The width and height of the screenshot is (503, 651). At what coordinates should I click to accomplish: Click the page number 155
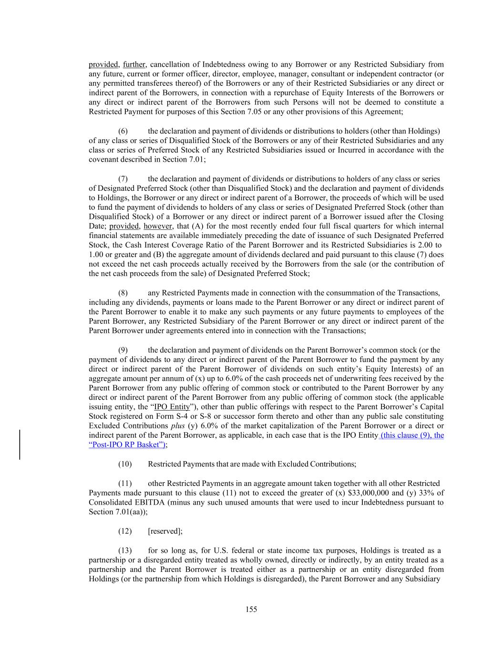251,609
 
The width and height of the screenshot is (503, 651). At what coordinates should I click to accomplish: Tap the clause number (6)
123,131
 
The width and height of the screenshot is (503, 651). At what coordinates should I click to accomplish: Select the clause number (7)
123,179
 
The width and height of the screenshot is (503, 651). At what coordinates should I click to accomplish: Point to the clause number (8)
123,293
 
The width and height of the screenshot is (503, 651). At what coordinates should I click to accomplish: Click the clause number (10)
124,464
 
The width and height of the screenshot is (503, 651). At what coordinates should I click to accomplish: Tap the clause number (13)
124,550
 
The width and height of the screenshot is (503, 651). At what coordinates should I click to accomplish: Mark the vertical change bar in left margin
20,444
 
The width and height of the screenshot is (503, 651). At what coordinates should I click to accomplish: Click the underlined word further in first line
134,64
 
